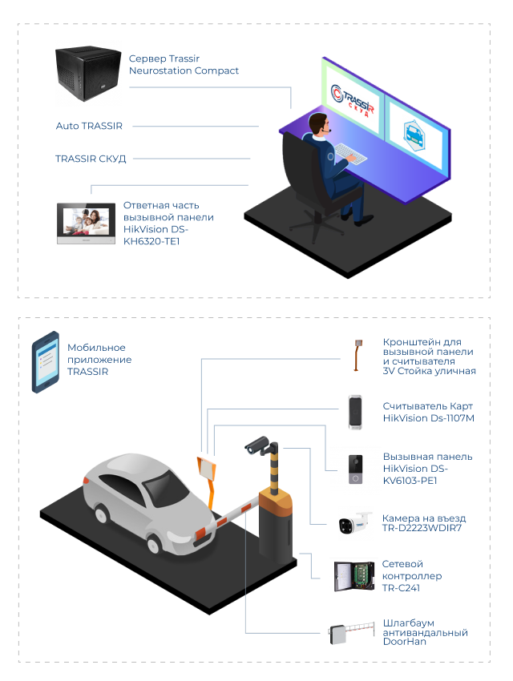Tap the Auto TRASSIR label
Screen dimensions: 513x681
coord(89,127)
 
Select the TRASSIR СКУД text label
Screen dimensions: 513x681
coord(91,159)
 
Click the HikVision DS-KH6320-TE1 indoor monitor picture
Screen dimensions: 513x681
coord(86,223)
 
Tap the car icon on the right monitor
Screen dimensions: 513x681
coord(414,132)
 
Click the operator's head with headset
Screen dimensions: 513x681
coord(319,124)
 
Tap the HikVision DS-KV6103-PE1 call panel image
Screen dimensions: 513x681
coord(354,469)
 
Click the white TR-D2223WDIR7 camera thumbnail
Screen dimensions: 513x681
coord(355,524)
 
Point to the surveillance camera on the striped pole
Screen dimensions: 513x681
coord(259,445)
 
